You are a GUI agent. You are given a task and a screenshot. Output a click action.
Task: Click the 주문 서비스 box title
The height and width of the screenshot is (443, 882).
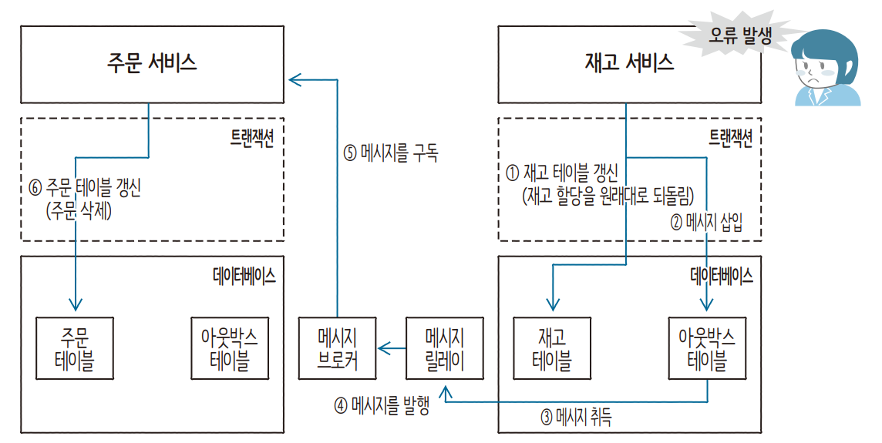[152, 62]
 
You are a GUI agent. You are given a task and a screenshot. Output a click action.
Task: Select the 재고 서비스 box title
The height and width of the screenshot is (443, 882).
[629, 62]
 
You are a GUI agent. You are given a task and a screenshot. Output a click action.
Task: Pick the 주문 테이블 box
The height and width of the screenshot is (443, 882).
[75, 349]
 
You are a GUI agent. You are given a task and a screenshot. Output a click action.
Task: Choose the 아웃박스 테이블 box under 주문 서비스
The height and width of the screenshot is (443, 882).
[230, 349]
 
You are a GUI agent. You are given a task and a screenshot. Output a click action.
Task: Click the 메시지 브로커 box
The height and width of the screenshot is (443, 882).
[337, 349]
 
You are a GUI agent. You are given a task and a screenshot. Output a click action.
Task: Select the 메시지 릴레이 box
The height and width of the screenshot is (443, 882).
[445, 349]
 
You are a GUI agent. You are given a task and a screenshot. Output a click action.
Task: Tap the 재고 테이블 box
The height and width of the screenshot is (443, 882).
[551, 349]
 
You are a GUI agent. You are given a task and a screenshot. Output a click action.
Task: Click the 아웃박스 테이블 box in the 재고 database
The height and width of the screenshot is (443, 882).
[707, 349]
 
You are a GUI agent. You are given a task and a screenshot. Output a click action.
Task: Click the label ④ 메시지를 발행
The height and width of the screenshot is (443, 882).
[382, 405]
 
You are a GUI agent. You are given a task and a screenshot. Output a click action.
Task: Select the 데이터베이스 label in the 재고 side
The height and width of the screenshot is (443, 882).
[721, 275]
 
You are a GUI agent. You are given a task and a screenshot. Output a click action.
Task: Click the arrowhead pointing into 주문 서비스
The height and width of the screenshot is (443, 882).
[294, 78]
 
